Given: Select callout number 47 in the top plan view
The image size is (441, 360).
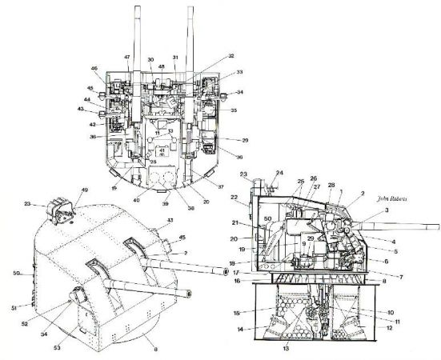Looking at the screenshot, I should pos(126,57).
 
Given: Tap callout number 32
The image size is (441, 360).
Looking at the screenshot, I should pos(231,57).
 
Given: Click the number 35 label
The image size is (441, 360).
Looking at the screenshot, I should pos(235,110).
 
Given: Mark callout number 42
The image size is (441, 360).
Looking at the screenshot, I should pos(92,124).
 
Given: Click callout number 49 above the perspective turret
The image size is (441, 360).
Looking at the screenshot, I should pos(83,190).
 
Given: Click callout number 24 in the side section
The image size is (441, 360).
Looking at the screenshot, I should pos(279,172).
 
